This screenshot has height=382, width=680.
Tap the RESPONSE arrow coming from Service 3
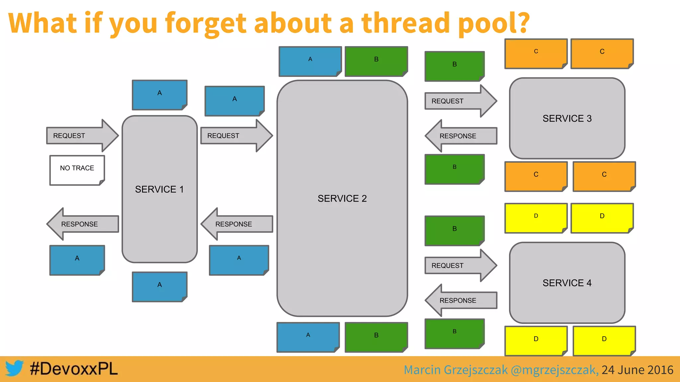pos(462,136)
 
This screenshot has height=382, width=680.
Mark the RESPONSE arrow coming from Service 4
pos(462,300)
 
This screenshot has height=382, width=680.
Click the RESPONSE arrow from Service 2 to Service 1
pos(237,224)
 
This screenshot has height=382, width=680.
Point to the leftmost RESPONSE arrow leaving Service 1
pos(83,224)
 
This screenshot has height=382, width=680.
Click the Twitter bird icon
pos(14,368)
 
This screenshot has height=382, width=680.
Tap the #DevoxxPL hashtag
pos(74,369)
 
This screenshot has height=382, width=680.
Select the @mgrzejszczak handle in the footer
pos(554,370)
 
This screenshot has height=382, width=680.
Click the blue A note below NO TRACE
pos(77,260)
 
